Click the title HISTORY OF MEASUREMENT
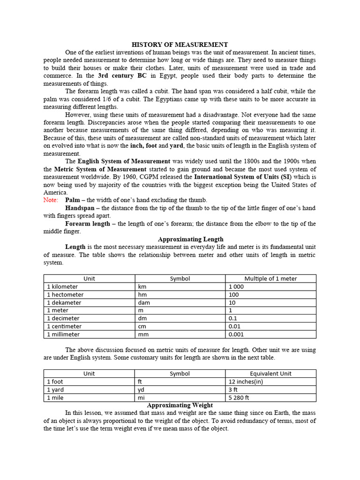[x=180, y=45]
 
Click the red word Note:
[x=51, y=200]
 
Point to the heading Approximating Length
[x=190, y=239]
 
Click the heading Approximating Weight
[x=180, y=405]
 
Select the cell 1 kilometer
[x=62, y=286]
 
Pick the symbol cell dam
[x=143, y=302]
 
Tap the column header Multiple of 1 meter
[x=270, y=278]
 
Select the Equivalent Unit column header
[x=270, y=374]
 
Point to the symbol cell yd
[x=141, y=390]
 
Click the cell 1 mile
[x=55, y=397]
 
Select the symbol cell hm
[x=142, y=294]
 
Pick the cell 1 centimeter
[x=64, y=326]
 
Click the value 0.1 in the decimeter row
[x=233, y=318]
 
